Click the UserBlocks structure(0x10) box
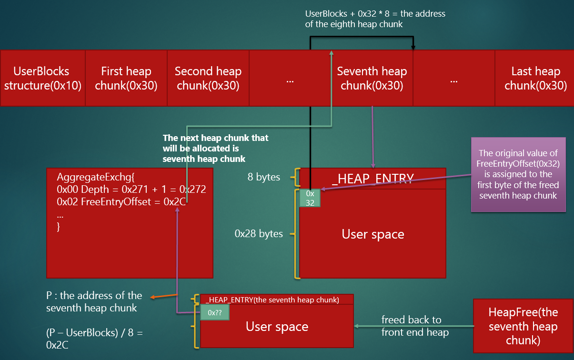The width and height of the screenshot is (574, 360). pyautogui.click(x=42, y=78)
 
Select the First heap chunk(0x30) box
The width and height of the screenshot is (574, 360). pyautogui.click(x=126, y=78)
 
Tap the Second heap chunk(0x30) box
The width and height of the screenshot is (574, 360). pyautogui.click(x=208, y=78)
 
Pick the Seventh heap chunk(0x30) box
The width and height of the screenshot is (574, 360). pyautogui.click(x=372, y=78)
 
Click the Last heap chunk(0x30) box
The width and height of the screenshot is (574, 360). pyautogui.click(x=535, y=78)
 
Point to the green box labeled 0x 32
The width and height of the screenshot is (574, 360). pyautogui.click(x=310, y=198)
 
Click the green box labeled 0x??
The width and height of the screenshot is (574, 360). pyautogui.click(x=215, y=312)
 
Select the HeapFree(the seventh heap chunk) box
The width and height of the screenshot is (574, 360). pyautogui.click(x=523, y=326)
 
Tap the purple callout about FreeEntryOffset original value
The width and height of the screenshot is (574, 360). pyautogui.click(x=518, y=174)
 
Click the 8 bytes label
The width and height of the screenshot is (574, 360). pyautogui.click(x=264, y=177)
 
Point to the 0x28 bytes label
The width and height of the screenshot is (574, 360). pyautogui.click(x=259, y=234)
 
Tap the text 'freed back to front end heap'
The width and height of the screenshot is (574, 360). pyautogui.click(x=415, y=326)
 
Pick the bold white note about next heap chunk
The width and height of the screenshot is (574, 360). pyautogui.click(x=215, y=148)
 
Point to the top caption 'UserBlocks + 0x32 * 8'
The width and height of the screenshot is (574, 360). pyautogui.click(x=375, y=19)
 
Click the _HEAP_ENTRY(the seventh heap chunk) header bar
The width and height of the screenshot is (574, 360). pyautogui.click(x=276, y=300)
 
